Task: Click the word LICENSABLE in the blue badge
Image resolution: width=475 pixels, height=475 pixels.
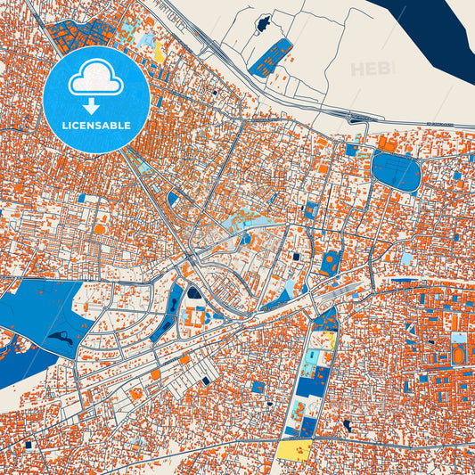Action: click(x=97, y=126)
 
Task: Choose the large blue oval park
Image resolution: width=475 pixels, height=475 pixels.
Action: click(x=396, y=171)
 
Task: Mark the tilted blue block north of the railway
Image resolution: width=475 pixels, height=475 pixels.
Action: click(x=271, y=55)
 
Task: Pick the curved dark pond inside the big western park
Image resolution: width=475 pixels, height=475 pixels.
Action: click(x=61, y=337)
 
